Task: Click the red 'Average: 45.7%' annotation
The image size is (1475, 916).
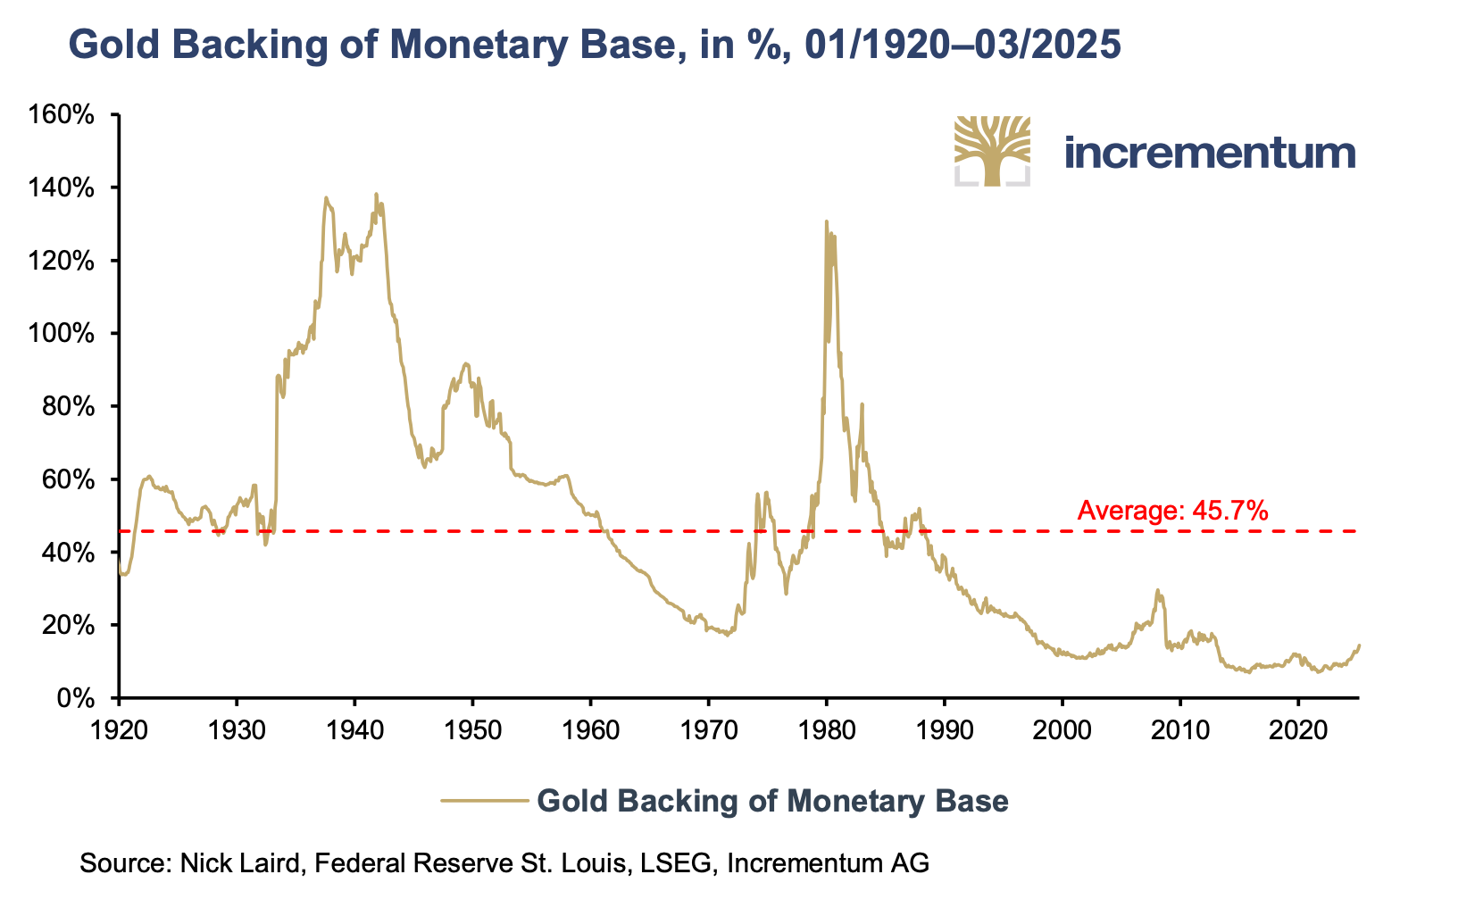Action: pos(1172,511)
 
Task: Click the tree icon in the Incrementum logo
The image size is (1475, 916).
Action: pos(992,151)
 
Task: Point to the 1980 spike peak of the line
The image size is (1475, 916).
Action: pos(826,221)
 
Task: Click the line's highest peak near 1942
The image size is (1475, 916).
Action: pos(376,194)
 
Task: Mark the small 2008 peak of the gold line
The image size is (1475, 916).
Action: pos(1157,590)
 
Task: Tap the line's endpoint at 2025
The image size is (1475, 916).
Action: pos(1359,645)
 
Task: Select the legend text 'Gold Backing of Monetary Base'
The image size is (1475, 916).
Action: pos(772,801)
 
